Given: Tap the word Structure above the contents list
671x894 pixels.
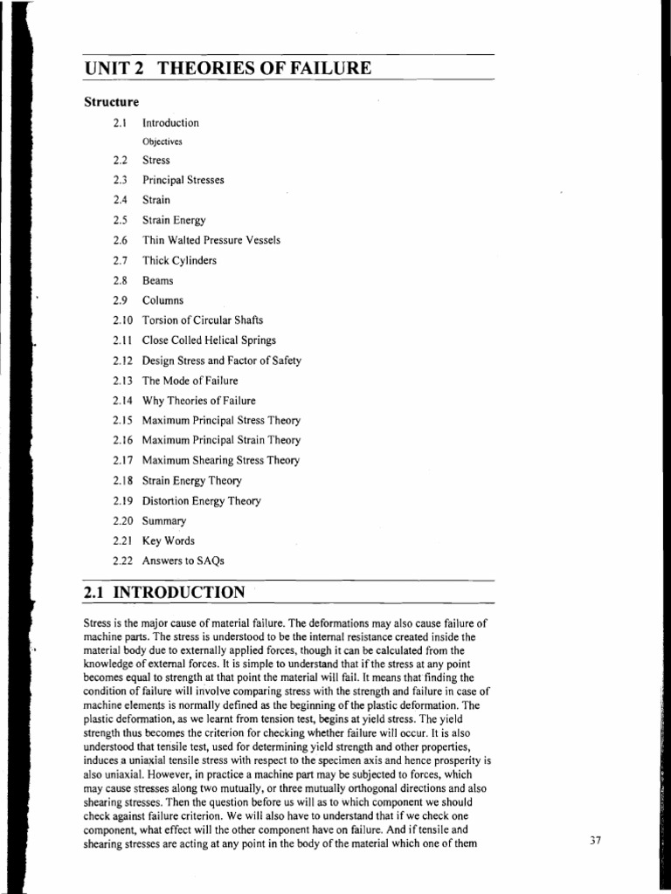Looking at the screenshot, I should (x=112, y=102).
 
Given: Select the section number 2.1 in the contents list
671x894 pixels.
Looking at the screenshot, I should (x=121, y=123).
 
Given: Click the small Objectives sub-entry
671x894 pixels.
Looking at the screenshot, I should (x=163, y=141).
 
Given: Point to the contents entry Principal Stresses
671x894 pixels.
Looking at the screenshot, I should (x=183, y=180).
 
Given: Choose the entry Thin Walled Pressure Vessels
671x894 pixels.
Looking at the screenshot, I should (x=211, y=240).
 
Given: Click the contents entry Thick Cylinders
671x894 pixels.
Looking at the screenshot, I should (x=180, y=260).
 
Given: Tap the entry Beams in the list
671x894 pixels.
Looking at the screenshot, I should (x=158, y=280).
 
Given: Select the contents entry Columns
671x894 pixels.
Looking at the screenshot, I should (x=163, y=300).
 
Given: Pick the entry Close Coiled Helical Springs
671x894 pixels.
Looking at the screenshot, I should (x=209, y=340).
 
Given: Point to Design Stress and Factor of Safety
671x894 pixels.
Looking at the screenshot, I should (x=222, y=361).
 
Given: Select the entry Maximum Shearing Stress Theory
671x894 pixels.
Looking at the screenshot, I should (x=221, y=460).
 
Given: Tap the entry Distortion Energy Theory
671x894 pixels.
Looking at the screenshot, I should (x=202, y=501).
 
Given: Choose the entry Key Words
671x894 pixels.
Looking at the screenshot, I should (x=169, y=540).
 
